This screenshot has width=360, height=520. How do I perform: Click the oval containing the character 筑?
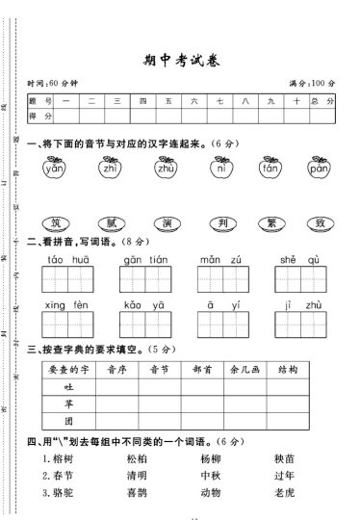(54, 222)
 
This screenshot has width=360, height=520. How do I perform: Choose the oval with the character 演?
(166, 222)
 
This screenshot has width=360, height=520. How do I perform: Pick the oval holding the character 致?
(319, 222)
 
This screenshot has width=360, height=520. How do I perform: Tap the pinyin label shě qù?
(294, 260)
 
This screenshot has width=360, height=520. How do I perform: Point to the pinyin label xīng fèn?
(67, 305)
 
